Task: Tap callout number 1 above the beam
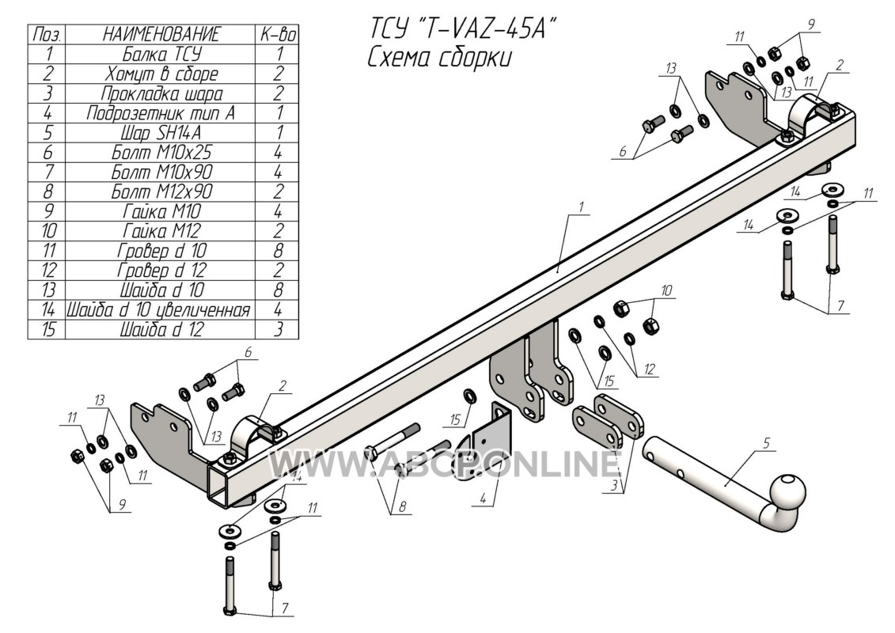point(582,207)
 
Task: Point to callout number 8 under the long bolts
point(404,505)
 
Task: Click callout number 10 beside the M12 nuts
point(666,290)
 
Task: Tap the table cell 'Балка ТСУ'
point(161,55)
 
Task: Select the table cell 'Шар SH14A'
point(161,133)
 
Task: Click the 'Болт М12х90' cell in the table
point(161,191)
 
